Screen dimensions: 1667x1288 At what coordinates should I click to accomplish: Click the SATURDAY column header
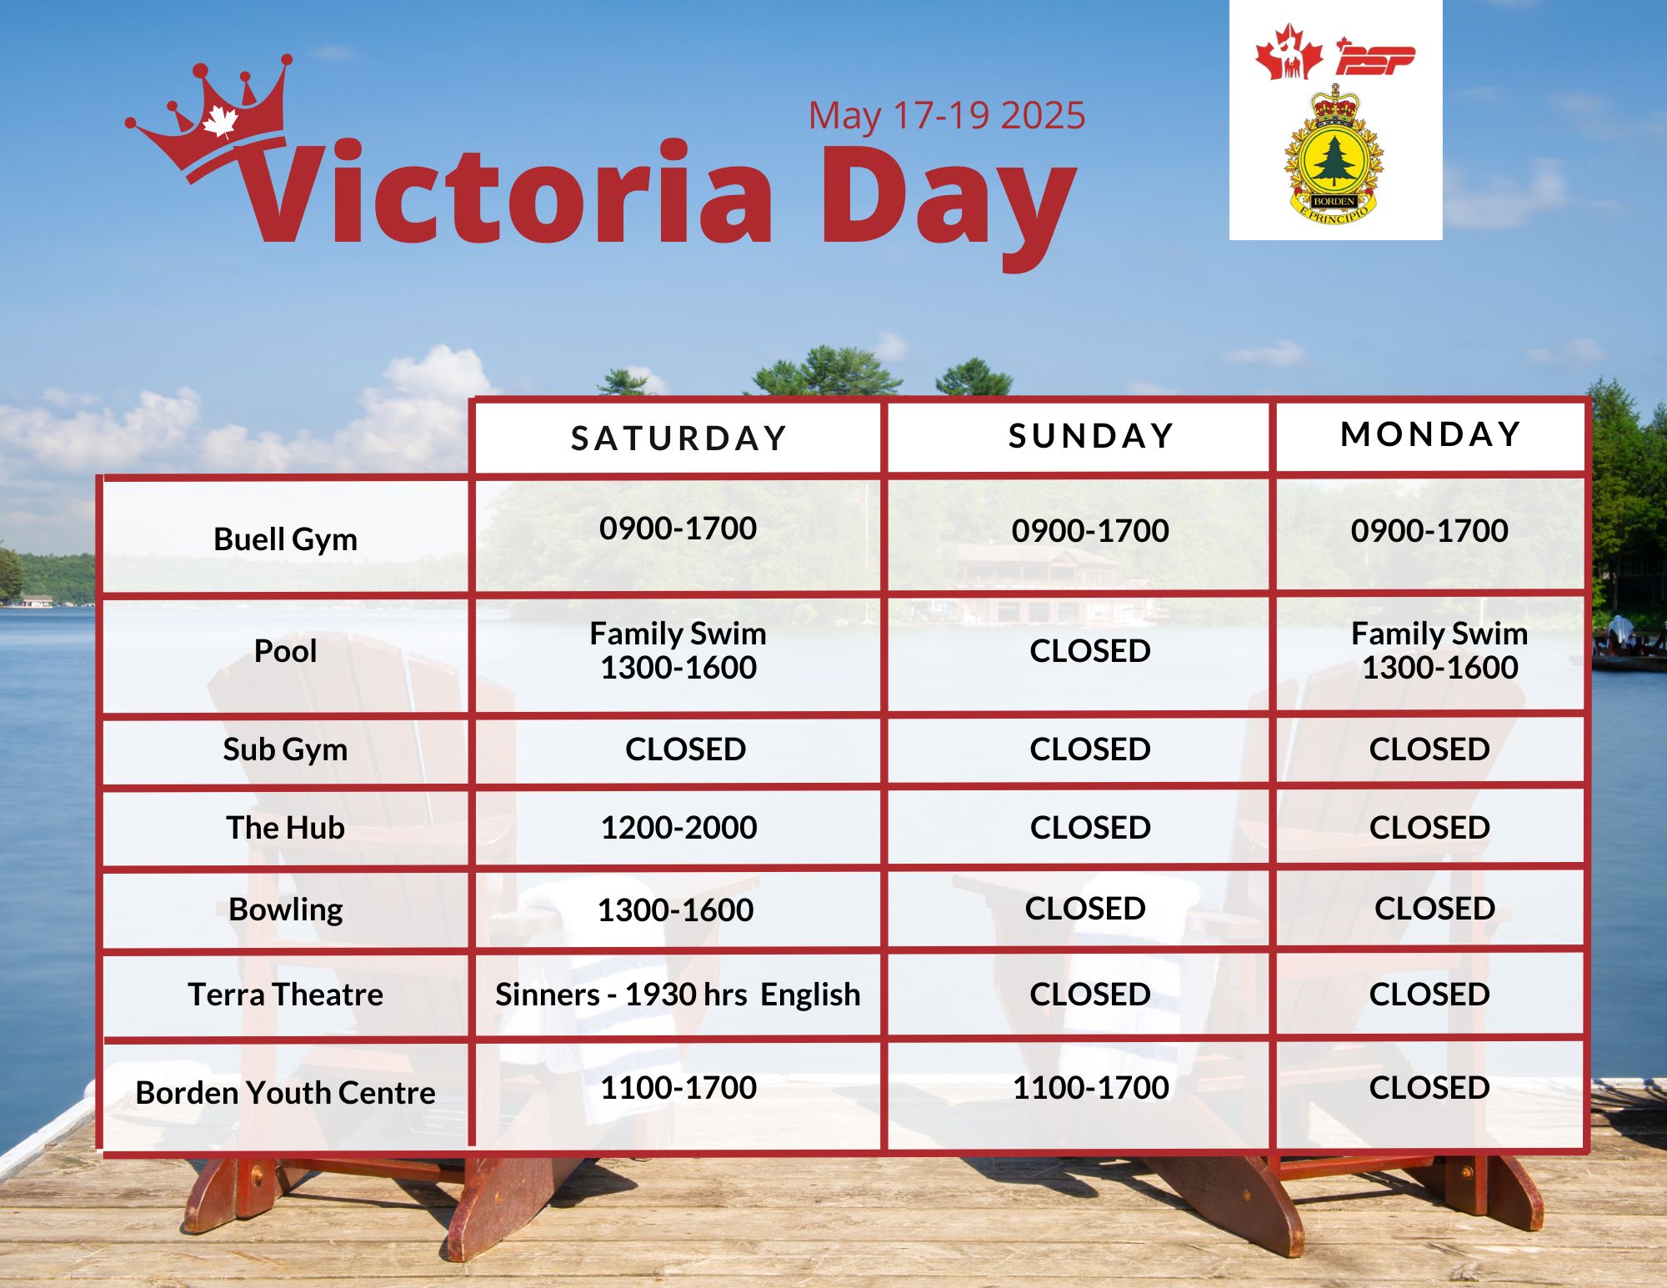point(679,439)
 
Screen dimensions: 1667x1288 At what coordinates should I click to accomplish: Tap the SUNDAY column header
point(1091,436)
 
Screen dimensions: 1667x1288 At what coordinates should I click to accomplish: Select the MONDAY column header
point(1431,434)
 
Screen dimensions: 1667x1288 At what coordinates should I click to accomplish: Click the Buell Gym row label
point(285,539)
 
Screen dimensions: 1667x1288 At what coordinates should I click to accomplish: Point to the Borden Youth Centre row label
point(285,1092)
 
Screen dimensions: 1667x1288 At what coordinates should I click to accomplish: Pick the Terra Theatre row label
point(285,994)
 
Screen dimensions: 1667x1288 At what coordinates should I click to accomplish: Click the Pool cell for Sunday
point(1090,650)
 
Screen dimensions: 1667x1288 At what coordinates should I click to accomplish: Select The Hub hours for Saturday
point(678,827)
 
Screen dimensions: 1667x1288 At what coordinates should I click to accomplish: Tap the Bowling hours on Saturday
point(675,910)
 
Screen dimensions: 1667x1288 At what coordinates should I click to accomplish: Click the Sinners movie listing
point(678,994)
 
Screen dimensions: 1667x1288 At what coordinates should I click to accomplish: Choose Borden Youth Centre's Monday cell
point(1429,1087)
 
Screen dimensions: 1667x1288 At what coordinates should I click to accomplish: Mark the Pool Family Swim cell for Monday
point(1439,650)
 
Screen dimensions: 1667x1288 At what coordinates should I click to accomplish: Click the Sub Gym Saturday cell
point(685,749)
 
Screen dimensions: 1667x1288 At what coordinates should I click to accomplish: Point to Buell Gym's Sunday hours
point(1090,530)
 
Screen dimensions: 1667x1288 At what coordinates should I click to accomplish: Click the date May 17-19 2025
point(947,115)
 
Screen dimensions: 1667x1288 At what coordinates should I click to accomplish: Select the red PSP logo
point(1375,57)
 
